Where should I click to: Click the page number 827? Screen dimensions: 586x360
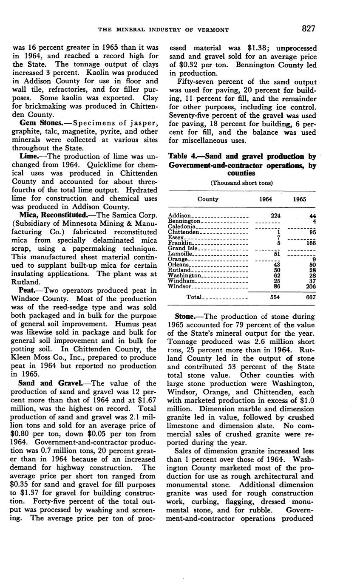(308, 29)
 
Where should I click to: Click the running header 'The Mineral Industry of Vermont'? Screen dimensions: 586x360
(164, 30)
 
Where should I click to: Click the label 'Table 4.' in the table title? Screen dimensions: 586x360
(182, 157)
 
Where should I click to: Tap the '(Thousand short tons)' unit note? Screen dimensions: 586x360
(242, 183)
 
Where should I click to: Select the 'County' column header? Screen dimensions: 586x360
(208, 199)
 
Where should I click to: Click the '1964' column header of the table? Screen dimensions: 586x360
(266, 199)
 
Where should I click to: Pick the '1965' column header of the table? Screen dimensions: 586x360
(300, 199)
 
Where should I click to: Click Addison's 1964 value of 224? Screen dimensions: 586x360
(275, 215)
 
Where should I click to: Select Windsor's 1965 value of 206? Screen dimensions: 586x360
(310, 287)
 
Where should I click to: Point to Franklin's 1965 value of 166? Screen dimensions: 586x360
(310, 243)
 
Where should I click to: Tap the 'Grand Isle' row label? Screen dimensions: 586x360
(181, 248)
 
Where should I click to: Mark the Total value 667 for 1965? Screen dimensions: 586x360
(310, 297)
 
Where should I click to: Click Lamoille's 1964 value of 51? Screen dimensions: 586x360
(277, 254)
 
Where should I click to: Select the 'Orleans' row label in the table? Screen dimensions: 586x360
(179, 265)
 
